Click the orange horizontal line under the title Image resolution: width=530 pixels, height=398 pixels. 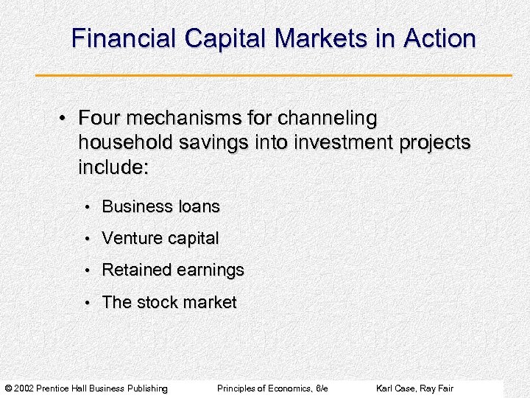pyautogui.click(x=273, y=75)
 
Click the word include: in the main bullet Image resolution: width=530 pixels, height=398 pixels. pyautogui.click(x=113, y=167)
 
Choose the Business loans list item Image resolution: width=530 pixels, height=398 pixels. pyautogui.click(x=160, y=206)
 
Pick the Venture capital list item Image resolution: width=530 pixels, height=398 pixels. pyautogui.click(x=160, y=239)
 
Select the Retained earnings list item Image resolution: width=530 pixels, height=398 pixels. pyautogui.click(x=172, y=270)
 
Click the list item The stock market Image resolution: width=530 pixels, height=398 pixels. pyautogui.click(x=169, y=302)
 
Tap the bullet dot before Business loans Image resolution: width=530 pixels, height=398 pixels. pyautogui.click(x=86, y=207)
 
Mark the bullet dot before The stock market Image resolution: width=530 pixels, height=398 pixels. pyautogui.click(x=86, y=303)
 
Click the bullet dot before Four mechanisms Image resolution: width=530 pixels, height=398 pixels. pyautogui.click(x=65, y=119)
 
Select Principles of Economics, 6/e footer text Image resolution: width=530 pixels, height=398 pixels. pyautogui.click(x=272, y=388)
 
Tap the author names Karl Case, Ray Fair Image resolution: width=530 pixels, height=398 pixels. pyautogui.click(x=414, y=388)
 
